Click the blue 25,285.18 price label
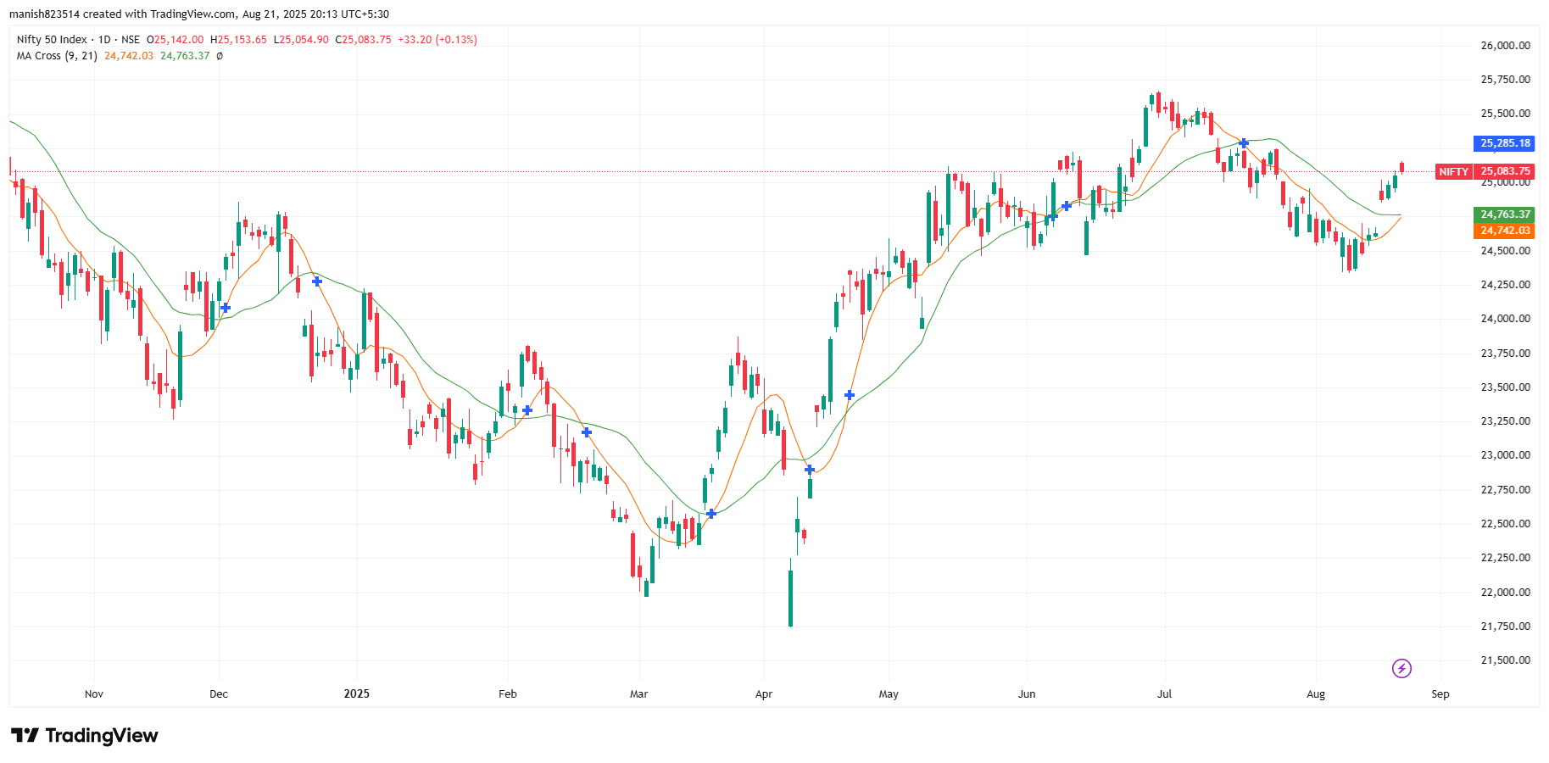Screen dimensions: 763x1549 coord(1504,143)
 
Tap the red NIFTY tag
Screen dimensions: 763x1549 coord(1453,171)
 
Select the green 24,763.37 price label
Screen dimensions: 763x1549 coord(1504,214)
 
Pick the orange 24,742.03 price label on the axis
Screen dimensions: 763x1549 coord(1504,231)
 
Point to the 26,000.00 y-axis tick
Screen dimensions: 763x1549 coord(1505,46)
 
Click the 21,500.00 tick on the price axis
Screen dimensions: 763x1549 coord(1505,660)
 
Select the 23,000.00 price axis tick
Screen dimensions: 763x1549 coord(1505,455)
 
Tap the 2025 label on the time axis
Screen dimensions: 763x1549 coord(357,694)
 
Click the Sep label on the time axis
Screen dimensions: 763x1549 coord(1440,694)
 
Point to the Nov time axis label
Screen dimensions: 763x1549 coord(94,694)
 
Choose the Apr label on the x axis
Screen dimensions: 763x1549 coord(764,694)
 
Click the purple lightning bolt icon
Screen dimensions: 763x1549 coord(1401,669)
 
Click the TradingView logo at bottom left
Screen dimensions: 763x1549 coord(85,735)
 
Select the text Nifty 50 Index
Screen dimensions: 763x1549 coord(52,40)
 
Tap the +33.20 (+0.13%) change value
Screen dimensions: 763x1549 coord(437,40)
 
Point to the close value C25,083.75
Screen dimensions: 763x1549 coord(363,40)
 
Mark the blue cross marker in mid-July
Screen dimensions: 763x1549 coord(1244,143)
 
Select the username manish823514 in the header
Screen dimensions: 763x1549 coord(44,14)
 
